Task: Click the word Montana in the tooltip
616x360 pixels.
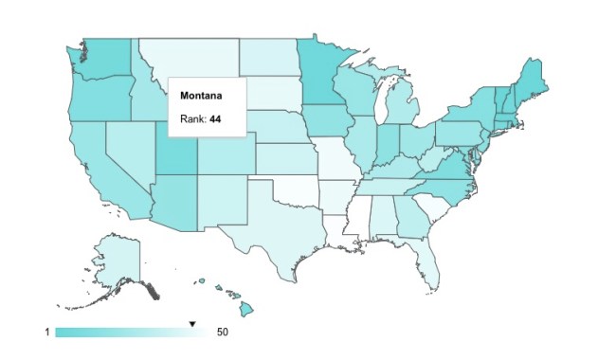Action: tap(201, 96)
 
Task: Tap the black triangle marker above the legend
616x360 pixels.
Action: tap(192, 324)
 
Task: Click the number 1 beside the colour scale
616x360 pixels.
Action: tap(45, 333)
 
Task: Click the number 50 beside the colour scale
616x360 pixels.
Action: tap(223, 333)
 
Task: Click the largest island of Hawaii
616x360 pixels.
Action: tap(245, 308)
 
